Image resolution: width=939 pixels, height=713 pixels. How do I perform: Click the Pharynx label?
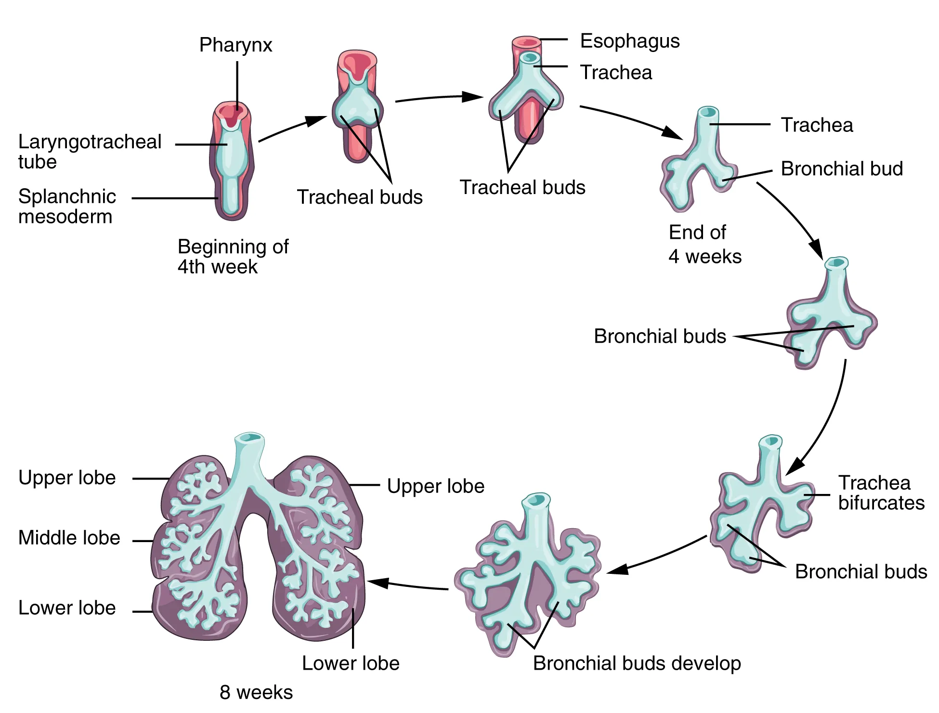pyautogui.click(x=235, y=45)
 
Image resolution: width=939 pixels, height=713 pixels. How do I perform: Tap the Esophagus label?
pyautogui.click(x=629, y=41)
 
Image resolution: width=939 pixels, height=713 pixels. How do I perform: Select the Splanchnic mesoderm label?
pyautogui.click(x=67, y=207)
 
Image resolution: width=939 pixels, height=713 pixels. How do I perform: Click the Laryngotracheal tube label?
pyautogui.click(x=90, y=152)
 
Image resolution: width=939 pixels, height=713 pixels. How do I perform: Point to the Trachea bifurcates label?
pyautogui.click(x=881, y=493)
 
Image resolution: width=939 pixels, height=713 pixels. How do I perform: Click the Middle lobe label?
pyautogui.click(x=69, y=538)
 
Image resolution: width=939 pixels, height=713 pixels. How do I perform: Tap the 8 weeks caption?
pyautogui.click(x=256, y=692)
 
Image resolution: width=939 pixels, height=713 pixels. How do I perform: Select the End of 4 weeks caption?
pyautogui.click(x=704, y=245)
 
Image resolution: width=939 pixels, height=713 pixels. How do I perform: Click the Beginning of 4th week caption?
pyautogui.click(x=233, y=257)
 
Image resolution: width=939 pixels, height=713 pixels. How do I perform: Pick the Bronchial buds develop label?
pyautogui.click(x=637, y=663)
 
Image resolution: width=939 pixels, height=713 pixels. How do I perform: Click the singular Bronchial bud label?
pyautogui.click(x=841, y=169)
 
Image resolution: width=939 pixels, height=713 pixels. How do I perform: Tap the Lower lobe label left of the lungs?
pyautogui.click(x=67, y=608)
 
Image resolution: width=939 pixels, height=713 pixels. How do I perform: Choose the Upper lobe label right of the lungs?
pyautogui.click(x=435, y=486)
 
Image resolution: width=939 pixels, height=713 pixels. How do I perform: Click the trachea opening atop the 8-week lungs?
pyautogui.click(x=249, y=438)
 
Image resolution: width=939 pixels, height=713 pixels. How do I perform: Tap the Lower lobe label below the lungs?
pyautogui.click(x=351, y=663)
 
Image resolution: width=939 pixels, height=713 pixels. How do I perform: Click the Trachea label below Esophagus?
pyautogui.click(x=616, y=73)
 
